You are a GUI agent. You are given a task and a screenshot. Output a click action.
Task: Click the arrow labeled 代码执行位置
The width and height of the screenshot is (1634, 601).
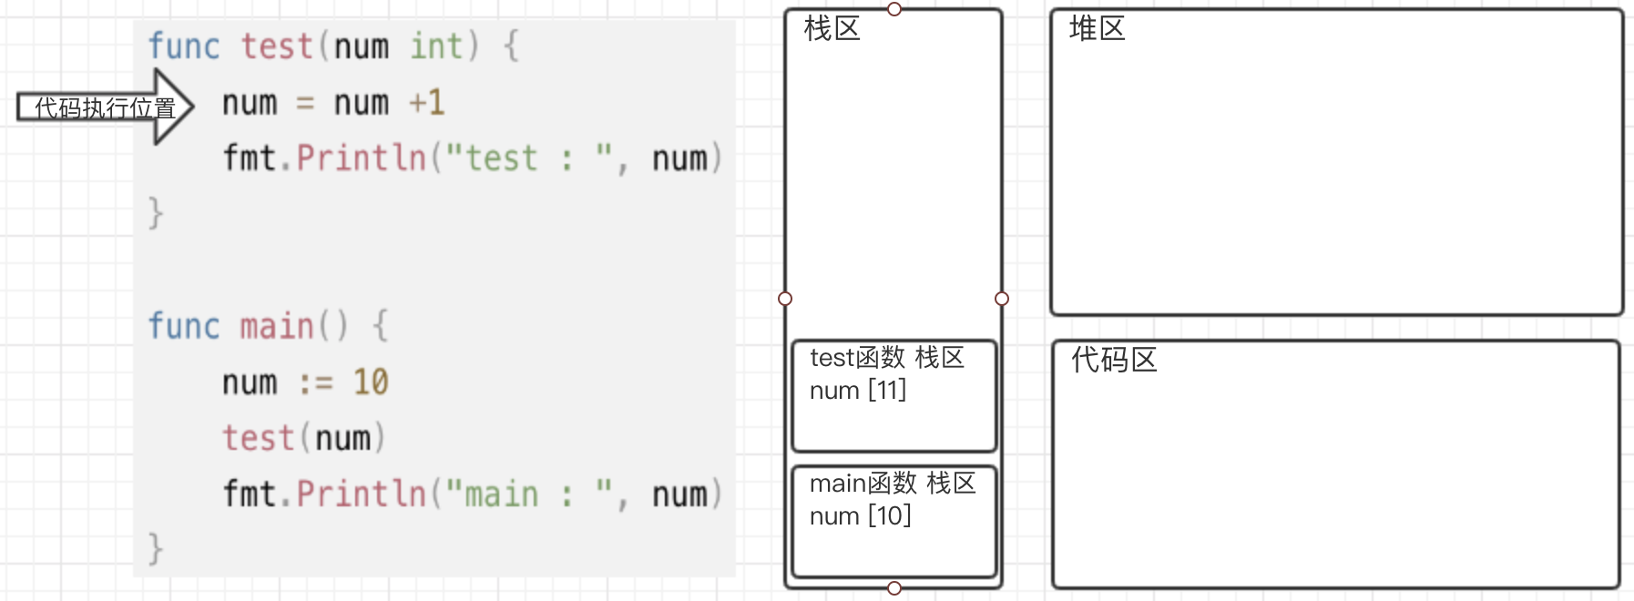[x=105, y=107]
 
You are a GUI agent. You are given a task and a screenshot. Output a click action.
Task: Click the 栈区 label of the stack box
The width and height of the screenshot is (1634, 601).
[x=832, y=29]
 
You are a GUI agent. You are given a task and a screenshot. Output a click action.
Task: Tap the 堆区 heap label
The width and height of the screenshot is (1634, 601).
[x=1097, y=29]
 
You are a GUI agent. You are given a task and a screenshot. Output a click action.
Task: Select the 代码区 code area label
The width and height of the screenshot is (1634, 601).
[x=1113, y=360]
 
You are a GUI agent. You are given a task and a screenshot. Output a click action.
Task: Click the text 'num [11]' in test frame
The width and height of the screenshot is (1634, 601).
[x=857, y=391]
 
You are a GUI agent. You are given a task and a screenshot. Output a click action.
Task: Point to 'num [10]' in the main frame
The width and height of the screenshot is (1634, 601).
[x=860, y=516]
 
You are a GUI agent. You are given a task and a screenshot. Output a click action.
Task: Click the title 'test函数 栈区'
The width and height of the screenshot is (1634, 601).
[x=886, y=358]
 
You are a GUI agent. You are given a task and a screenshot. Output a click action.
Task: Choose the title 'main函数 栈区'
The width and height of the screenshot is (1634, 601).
[x=892, y=484]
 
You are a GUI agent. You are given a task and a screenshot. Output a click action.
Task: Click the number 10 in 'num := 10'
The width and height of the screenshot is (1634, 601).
[x=371, y=382]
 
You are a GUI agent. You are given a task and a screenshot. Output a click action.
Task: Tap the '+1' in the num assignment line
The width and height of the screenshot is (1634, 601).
[x=426, y=102]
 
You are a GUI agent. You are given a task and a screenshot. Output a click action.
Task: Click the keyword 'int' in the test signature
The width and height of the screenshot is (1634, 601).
[x=435, y=46]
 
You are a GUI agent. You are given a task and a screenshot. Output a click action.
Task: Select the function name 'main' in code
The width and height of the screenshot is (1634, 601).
[x=277, y=326]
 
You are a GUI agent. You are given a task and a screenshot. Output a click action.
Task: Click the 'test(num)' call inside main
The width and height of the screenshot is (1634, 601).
[x=304, y=438]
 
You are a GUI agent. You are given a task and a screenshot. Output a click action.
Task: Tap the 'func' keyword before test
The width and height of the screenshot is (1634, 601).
[x=184, y=46]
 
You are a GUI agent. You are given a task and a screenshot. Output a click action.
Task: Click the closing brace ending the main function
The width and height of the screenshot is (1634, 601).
[x=156, y=549]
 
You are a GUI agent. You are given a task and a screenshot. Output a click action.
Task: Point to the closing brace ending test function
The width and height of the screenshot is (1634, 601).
[x=156, y=213]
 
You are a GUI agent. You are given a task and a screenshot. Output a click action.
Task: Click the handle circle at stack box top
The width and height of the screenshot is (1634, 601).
[x=894, y=9]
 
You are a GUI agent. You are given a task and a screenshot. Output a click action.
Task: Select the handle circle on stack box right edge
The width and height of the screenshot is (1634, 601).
[x=1002, y=299]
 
